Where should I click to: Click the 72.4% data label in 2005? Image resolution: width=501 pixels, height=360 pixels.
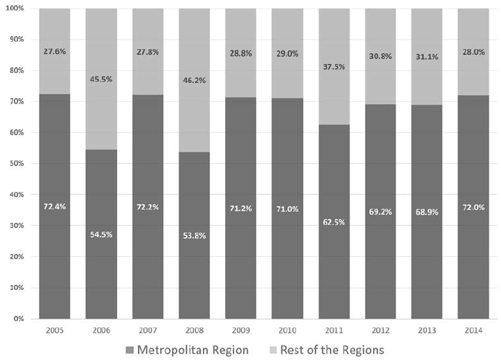tap(55, 206)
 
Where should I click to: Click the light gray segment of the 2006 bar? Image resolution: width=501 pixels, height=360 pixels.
tap(102, 108)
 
